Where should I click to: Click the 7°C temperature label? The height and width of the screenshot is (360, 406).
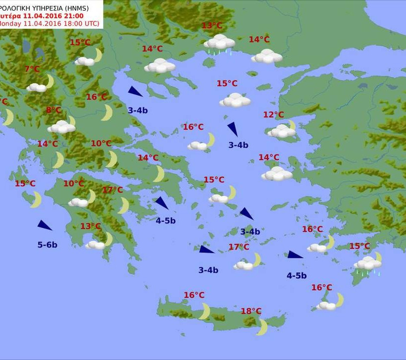click(x=32, y=69)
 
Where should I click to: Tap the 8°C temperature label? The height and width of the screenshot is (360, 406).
click(x=53, y=110)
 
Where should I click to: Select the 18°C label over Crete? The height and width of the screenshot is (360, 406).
click(x=251, y=311)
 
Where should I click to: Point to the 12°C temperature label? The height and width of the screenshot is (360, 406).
click(x=273, y=115)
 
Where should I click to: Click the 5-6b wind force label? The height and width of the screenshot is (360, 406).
click(x=47, y=245)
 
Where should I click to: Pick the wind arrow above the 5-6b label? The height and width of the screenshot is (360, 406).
click(x=45, y=226)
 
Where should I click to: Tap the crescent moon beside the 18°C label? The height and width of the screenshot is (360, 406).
click(x=262, y=326)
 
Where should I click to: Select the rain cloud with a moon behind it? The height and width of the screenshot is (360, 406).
click(x=368, y=263)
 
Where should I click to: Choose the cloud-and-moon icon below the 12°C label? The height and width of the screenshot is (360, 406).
click(x=282, y=130)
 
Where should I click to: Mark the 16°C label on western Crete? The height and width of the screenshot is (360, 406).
click(x=194, y=295)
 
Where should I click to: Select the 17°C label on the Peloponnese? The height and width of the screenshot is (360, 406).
click(x=112, y=190)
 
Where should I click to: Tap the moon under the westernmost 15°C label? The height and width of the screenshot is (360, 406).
click(x=35, y=200)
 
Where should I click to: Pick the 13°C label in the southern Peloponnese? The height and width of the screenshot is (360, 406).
click(x=91, y=226)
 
